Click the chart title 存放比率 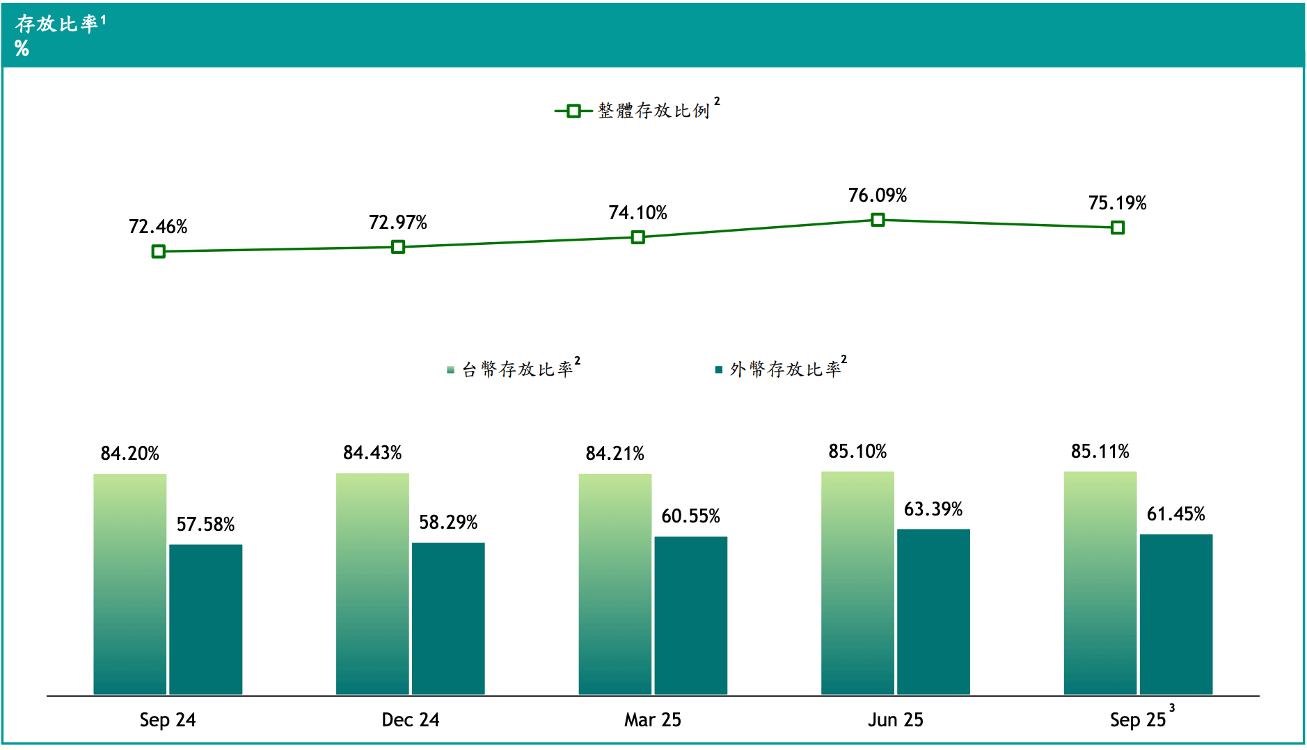57,24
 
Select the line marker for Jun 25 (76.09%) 878,220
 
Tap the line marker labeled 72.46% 159,251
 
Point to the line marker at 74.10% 637,237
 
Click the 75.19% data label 1117,203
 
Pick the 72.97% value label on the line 397,223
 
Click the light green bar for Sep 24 130,584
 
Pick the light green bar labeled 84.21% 615,584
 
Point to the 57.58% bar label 205,525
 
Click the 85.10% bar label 857,452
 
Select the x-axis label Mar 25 652,720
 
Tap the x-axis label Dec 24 410,720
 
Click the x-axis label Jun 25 895,720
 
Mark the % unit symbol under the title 22,48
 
